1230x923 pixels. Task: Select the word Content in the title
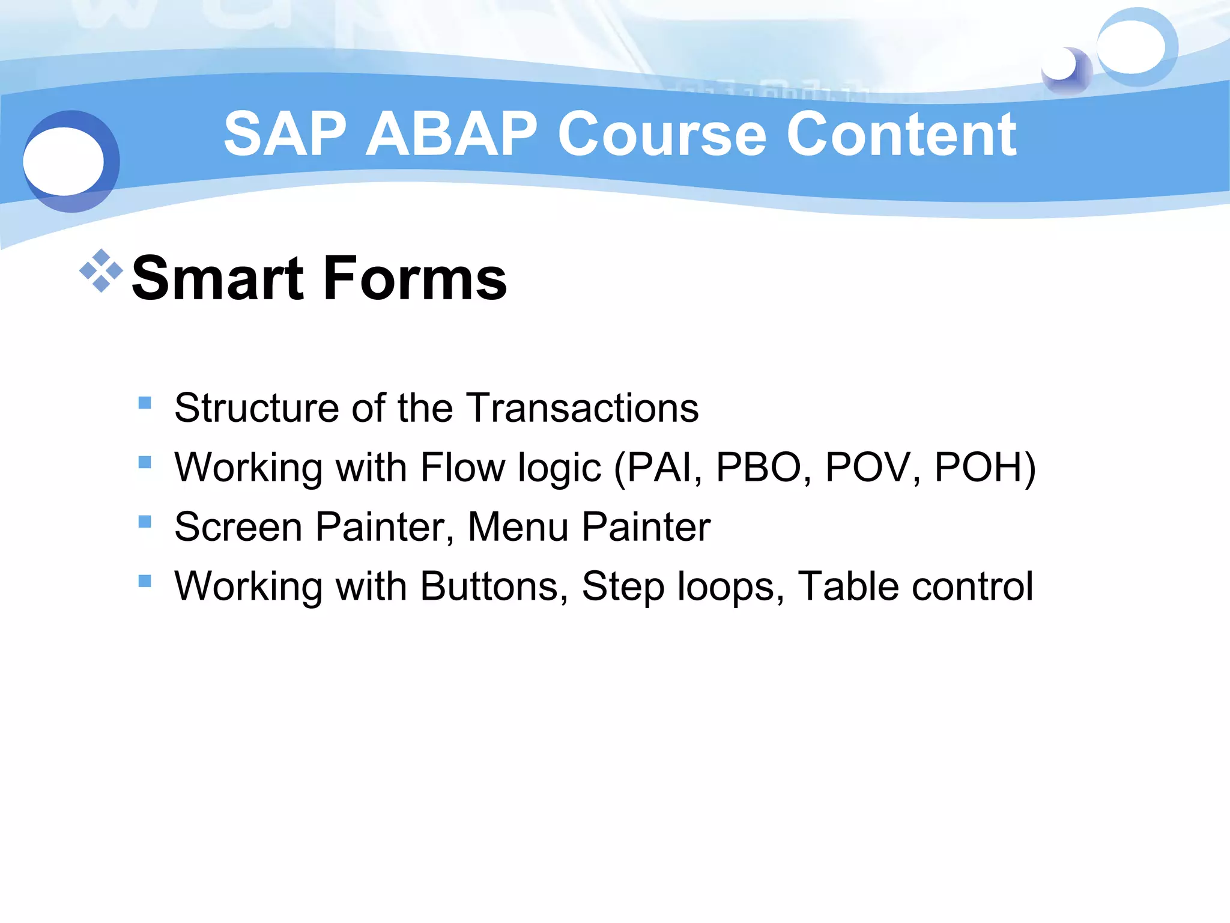[901, 135]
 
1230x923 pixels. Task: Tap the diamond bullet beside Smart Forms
[101, 270]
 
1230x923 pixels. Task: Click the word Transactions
[583, 408]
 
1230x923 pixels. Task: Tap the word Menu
[518, 527]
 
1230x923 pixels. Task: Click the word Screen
[238, 527]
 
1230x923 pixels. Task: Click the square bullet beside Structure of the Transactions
[145, 403]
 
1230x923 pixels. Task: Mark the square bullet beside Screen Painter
[145, 522]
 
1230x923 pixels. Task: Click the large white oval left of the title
[64, 161]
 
